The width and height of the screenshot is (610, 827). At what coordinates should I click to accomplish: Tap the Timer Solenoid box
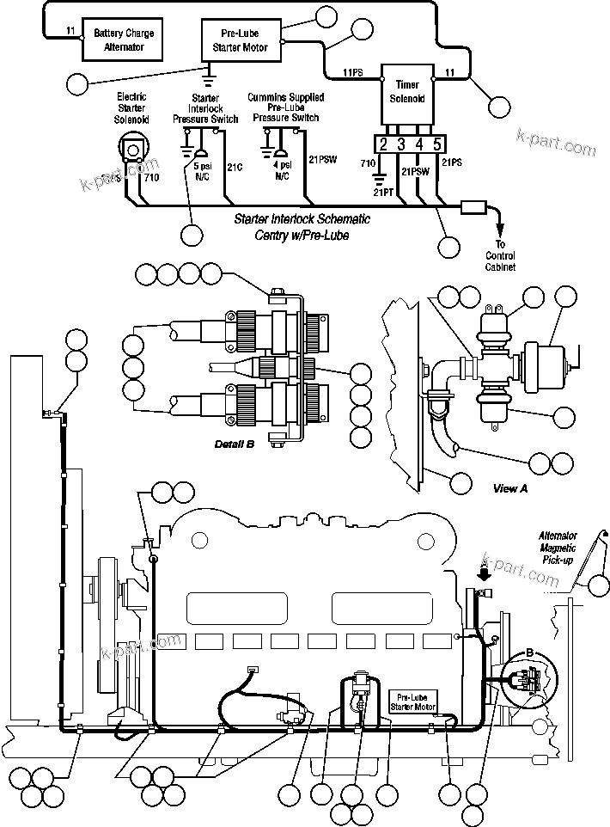tap(407, 91)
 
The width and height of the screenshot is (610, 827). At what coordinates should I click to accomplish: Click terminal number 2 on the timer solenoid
tap(383, 144)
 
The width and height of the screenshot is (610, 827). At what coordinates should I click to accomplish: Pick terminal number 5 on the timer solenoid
tap(437, 144)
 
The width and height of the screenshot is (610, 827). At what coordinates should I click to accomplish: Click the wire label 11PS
tap(353, 72)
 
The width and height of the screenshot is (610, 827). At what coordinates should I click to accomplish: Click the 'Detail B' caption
tap(235, 444)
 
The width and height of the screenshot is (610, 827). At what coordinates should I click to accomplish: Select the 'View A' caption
tap(510, 488)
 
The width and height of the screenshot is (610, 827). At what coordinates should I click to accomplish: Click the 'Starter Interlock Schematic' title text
tap(290, 220)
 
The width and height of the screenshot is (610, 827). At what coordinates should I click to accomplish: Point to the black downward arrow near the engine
tap(485, 572)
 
